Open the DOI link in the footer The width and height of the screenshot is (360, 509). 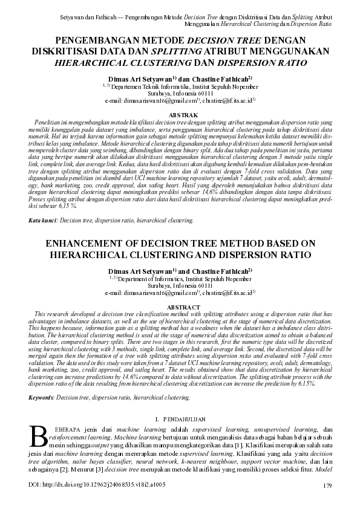(x=97, y=485)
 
